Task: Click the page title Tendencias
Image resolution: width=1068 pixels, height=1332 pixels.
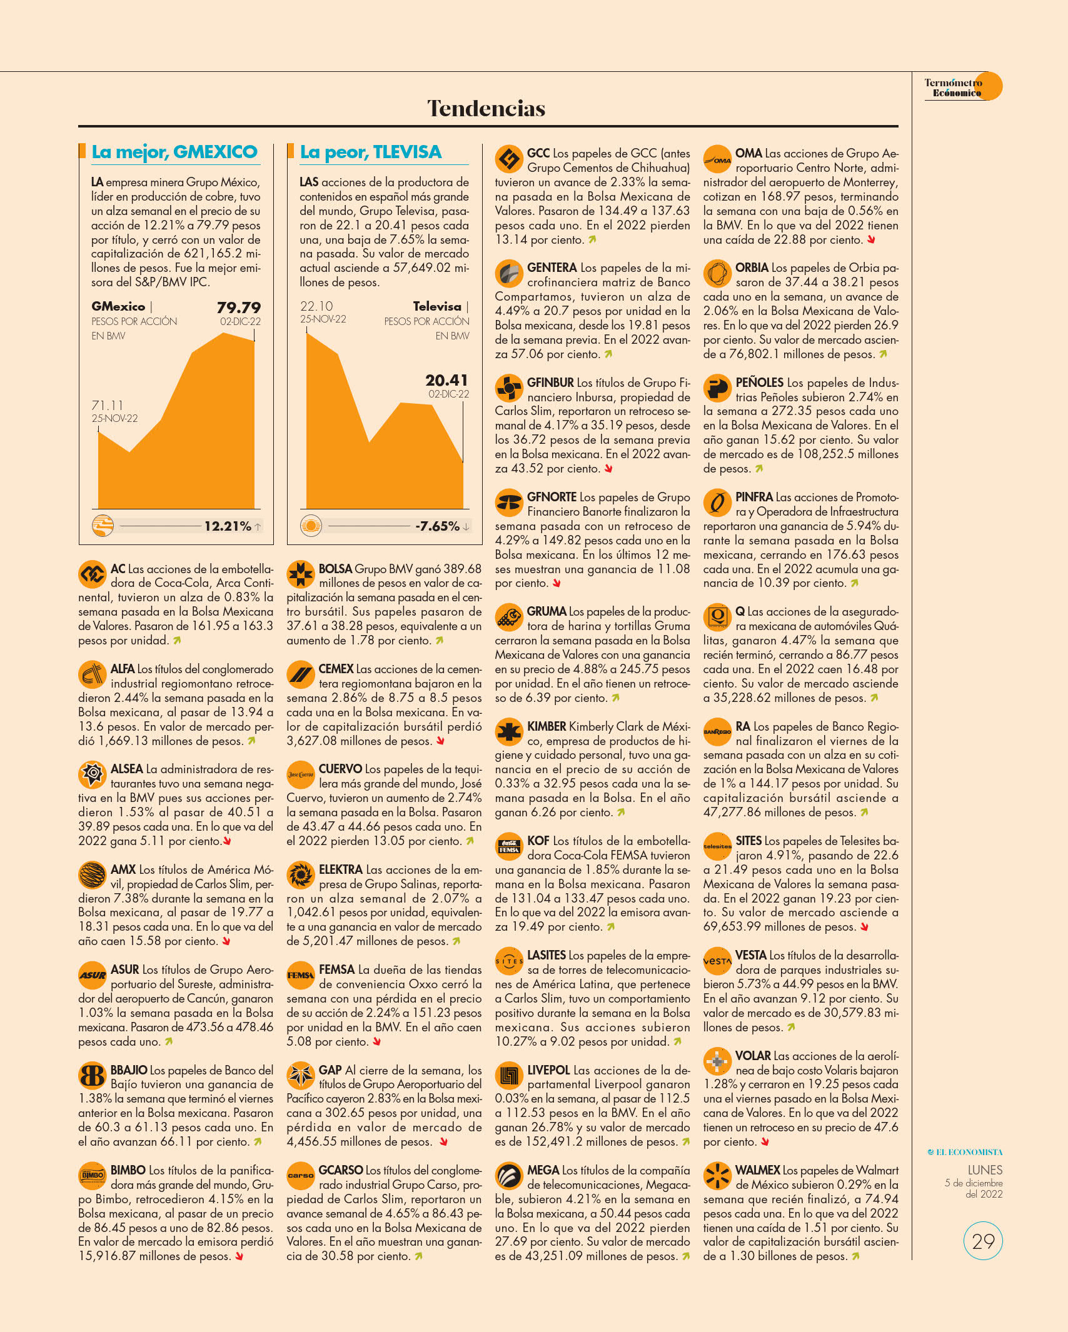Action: pos(486,108)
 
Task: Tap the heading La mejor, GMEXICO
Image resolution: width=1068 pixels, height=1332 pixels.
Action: pos(174,152)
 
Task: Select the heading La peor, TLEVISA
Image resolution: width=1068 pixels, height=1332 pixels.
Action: pos(371,152)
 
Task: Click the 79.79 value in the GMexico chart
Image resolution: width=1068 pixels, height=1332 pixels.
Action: pos(238,308)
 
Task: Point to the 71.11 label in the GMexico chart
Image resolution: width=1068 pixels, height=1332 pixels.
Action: pos(108,406)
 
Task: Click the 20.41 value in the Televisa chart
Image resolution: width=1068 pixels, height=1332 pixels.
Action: pos(446,380)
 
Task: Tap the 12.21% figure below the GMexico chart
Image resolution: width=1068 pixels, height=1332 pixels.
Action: pos(228,526)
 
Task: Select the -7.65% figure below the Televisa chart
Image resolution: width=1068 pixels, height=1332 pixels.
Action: pos(437,526)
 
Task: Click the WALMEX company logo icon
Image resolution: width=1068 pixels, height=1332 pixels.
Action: pos(717,1175)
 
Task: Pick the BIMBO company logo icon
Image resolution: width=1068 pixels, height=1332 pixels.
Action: pos(92,1175)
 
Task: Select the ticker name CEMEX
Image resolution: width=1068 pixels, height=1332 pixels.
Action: pos(336,669)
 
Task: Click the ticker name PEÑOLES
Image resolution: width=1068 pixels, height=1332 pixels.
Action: pos(759,383)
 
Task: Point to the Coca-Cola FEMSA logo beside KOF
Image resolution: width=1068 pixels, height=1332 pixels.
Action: pos(509,846)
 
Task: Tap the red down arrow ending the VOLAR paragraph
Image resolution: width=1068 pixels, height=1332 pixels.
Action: pos(765,1142)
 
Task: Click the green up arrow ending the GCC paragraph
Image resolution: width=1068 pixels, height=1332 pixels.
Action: pos(592,239)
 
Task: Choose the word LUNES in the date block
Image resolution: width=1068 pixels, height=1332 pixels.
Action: pos(985,1170)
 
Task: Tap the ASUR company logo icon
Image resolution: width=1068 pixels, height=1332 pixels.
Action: pos(92,975)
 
